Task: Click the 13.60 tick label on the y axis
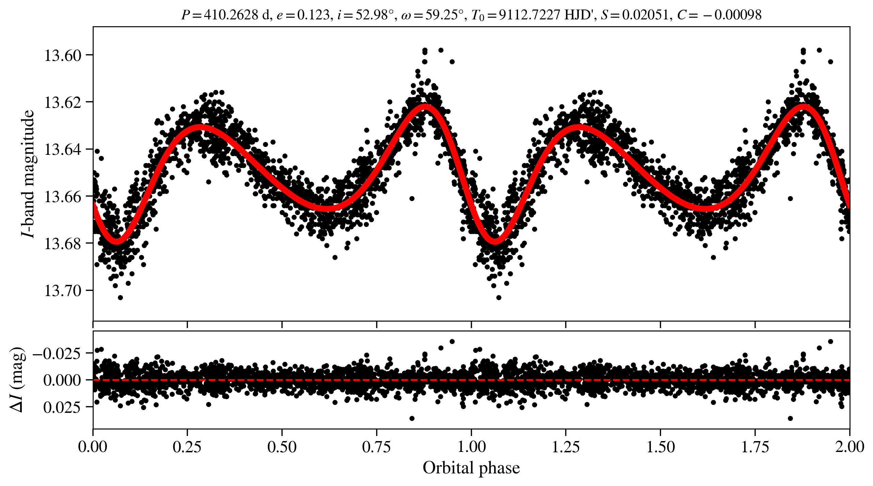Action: pos(63,55)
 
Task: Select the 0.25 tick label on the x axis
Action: pos(187,447)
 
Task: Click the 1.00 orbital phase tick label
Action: pos(471,447)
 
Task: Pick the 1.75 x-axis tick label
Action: pos(755,447)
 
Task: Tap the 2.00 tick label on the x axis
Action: pos(849,447)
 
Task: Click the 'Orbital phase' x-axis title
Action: pos(471,468)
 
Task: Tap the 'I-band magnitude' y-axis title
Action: pos(28,174)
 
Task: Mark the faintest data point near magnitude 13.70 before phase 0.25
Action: pos(120,297)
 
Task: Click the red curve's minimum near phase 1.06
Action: pos(495,241)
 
